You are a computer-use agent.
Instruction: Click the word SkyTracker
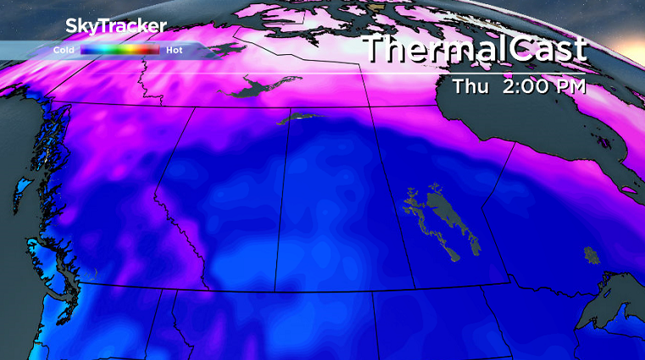115,26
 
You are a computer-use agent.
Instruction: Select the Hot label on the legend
175,50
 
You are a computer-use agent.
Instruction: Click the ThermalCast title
475,48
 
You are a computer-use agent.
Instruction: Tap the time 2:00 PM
547,86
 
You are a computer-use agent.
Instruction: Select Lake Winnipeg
445,216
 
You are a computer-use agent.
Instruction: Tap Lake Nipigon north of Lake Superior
590,254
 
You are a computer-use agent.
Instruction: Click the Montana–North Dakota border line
374,326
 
